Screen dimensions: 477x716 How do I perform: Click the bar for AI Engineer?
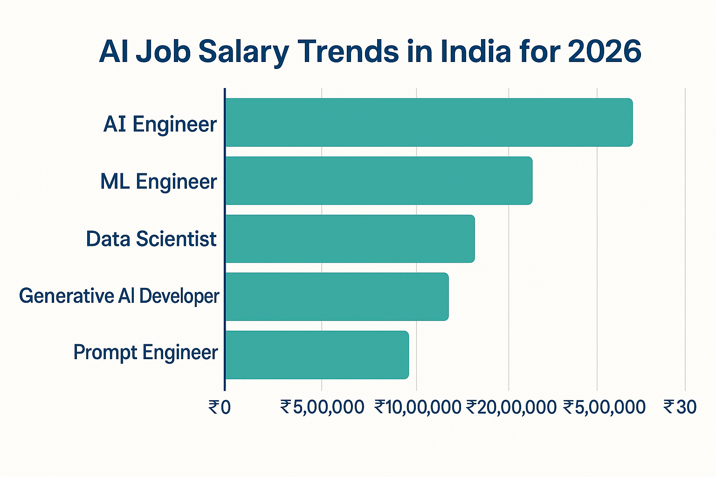pyautogui.click(x=428, y=123)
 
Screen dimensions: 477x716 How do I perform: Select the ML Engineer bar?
pyautogui.click(x=379, y=181)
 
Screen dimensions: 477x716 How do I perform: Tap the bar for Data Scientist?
pyautogui.click(x=350, y=238)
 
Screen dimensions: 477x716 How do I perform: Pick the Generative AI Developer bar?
pyautogui.click(x=337, y=297)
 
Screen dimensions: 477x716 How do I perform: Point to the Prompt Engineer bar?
pyautogui.click(x=317, y=354)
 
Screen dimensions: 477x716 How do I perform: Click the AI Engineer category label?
pyautogui.click(x=160, y=124)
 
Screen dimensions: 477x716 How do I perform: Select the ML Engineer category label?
pyautogui.click(x=158, y=182)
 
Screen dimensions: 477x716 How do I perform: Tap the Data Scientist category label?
pyautogui.click(x=151, y=239)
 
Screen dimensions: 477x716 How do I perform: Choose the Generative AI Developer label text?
pyautogui.click(x=119, y=296)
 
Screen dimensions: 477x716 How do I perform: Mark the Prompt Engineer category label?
pyautogui.click(x=145, y=353)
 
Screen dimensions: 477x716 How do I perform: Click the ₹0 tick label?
pyautogui.click(x=219, y=407)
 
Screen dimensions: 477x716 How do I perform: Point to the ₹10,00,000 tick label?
pyautogui.click(x=418, y=407)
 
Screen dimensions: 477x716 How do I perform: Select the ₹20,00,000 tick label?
pyautogui.click(x=511, y=407)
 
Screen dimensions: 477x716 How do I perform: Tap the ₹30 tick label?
pyautogui.click(x=680, y=407)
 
